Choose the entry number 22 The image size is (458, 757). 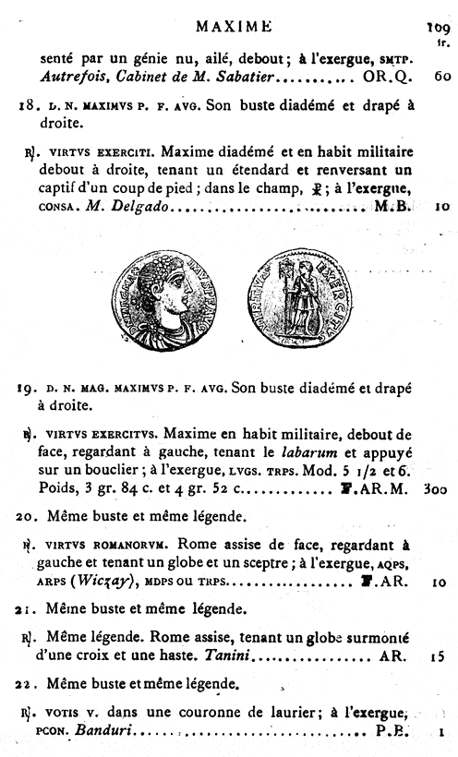click(27, 683)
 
